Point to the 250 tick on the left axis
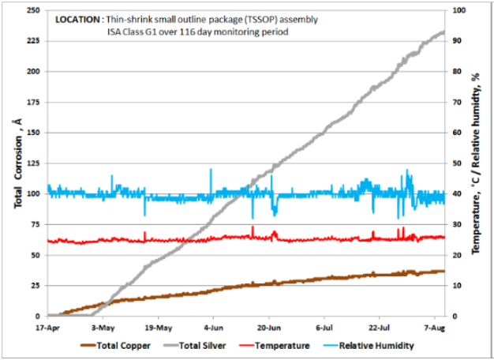(35, 9)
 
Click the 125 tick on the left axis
(35, 163)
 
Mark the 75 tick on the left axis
(37, 224)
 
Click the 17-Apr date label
(47, 326)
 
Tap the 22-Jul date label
(380, 326)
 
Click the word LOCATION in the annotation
(77, 19)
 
